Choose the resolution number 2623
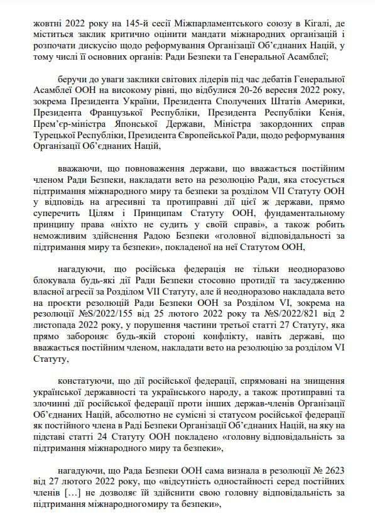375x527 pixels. tap(329, 471)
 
